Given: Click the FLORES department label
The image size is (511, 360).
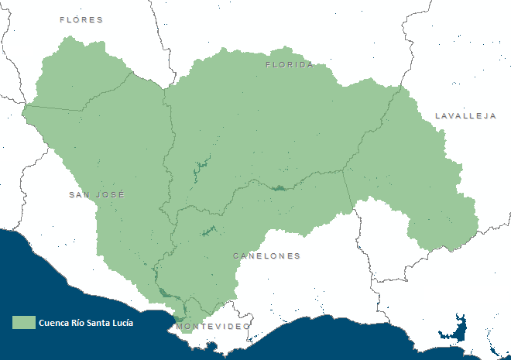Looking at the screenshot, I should (81, 19).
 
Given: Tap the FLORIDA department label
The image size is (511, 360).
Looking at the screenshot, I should (290, 65).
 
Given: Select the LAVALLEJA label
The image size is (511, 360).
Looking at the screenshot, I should (465, 116).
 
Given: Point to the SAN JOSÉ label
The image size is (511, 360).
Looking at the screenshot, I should (97, 195).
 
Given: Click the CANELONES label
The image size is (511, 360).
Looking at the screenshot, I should (266, 255).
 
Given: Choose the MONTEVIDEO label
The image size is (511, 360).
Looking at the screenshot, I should (213, 327).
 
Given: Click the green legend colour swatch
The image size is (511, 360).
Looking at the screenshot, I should (24, 323).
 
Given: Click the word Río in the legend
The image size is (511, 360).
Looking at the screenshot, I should (79, 323).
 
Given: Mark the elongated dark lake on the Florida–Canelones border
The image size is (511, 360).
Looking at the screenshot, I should (279, 188).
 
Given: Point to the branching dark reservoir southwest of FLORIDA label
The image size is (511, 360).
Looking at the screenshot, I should (201, 166).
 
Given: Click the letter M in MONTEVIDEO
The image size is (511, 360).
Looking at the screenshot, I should (180, 327).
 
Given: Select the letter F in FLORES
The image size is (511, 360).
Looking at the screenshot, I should (63, 19).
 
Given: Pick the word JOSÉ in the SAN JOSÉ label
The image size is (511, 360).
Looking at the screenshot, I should (110, 195).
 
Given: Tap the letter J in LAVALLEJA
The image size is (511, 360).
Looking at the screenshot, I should (484, 116).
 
